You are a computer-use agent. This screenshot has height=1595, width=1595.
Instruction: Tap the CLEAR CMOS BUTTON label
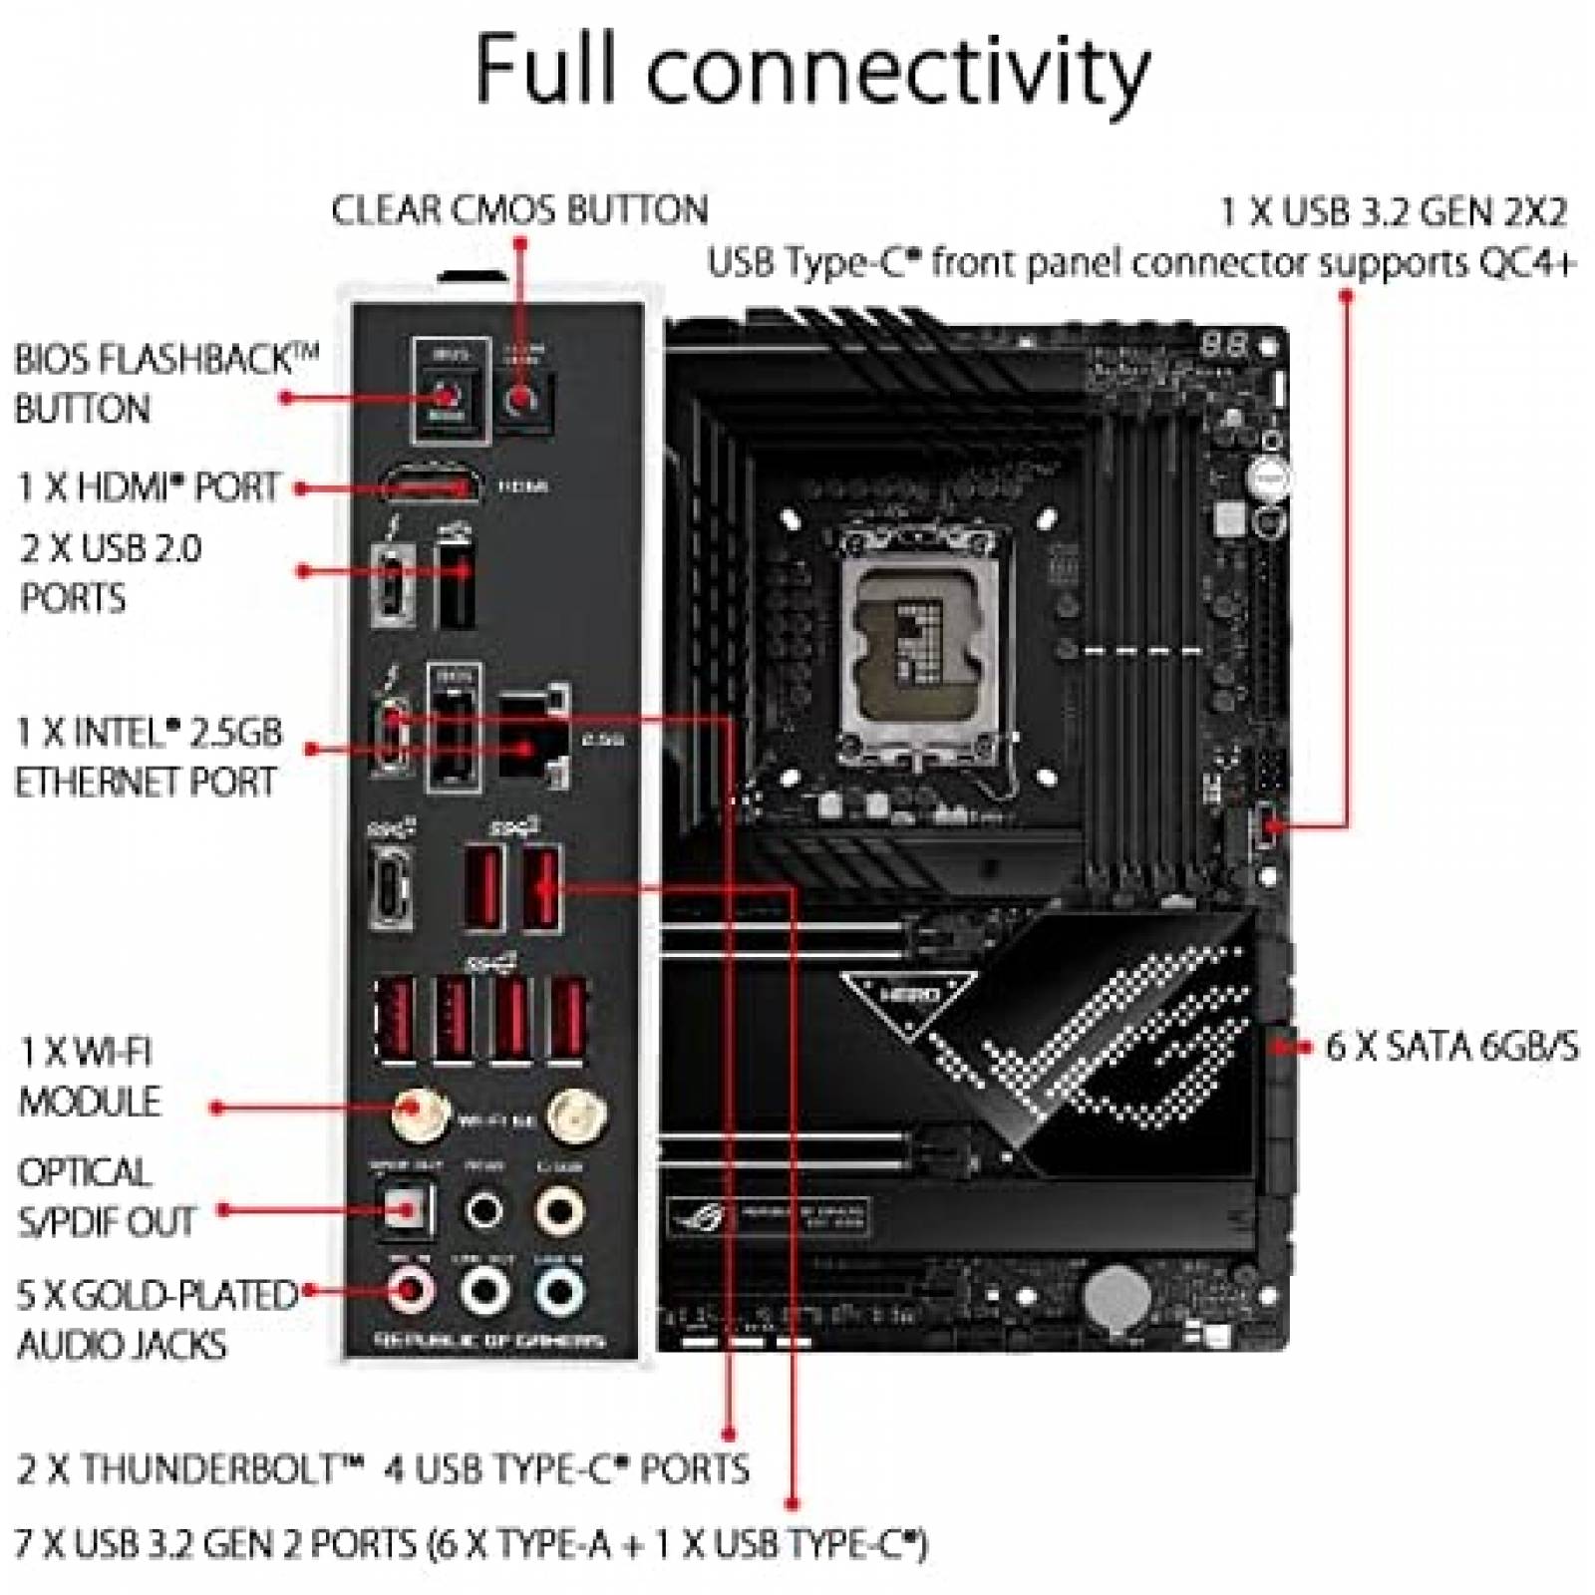[519, 210]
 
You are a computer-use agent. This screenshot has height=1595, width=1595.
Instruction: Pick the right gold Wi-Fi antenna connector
[576, 1112]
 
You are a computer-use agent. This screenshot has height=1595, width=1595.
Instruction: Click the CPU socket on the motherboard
[919, 642]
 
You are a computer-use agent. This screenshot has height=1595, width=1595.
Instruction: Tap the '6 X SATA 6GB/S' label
[1451, 1047]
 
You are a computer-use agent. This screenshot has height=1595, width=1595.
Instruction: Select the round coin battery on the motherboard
[1116, 1295]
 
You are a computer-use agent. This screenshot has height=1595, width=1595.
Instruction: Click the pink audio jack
[409, 1291]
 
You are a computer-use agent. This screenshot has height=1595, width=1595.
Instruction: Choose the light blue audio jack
[558, 1291]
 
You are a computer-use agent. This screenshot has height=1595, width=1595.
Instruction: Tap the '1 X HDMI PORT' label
[149, 487]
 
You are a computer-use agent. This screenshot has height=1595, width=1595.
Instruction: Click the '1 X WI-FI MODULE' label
[90, 1077]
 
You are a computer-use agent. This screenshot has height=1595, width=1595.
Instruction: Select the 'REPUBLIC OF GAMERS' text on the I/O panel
[489, 1340]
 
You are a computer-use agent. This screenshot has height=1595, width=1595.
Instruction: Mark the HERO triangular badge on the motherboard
[909, 996]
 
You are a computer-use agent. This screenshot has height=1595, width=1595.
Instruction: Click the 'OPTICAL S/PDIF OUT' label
[107, 1197]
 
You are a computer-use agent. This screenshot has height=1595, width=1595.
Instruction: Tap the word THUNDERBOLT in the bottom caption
[220, 1468]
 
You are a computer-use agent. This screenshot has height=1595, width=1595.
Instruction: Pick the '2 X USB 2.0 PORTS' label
[110, 573]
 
